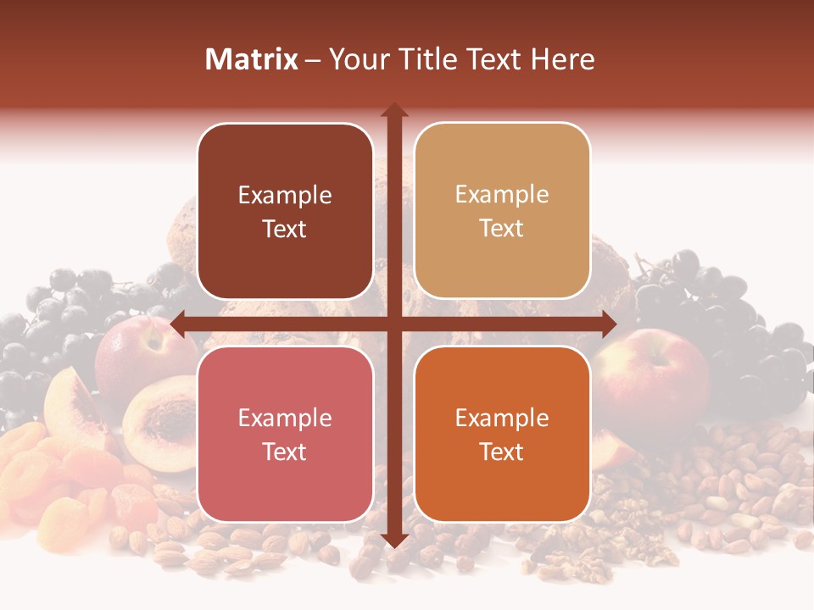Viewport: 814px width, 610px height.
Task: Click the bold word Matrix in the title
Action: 252,58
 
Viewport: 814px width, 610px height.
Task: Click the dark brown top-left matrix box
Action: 285,212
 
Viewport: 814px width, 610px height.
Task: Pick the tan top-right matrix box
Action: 502,211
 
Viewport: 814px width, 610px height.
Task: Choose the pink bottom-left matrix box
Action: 285,434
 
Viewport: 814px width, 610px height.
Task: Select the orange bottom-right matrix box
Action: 502,434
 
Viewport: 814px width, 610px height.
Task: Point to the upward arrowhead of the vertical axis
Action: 393,110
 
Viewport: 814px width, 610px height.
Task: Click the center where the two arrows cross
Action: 393,324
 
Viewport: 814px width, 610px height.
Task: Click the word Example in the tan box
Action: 502,194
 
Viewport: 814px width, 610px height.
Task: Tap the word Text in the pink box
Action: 285,452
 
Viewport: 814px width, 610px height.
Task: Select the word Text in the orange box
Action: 502,452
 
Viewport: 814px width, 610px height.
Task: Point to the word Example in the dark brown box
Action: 285,195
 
